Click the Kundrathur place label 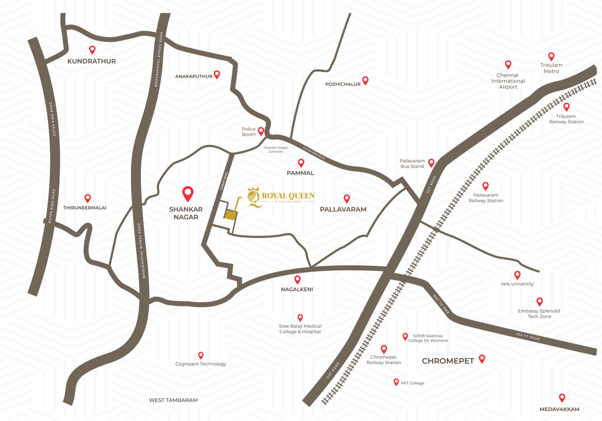[x=92, y=61]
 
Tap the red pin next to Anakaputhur [x=217, y=74]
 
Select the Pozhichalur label [x=343, y=84]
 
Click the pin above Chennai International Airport [x=508, y=64]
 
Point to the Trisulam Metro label [x=551, y=68]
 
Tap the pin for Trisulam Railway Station [x=566, y=107]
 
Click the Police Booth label [x=248, y=132]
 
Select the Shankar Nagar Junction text [x=275, y=150]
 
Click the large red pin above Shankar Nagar [x=188, y=193]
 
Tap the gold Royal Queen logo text [x=288, y=196]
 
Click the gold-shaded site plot [x=230, y=215]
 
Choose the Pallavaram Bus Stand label [x=412, y=164]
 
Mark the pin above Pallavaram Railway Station [x=485, y=186]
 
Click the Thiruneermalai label [x=85, y=208]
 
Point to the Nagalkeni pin [x=297, y=279]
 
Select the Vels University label [x=517, y=284]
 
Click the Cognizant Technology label [x=201, y=364]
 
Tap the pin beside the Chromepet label [x=482, y=358]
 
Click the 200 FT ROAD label [x=528, y=336]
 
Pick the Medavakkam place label [x=559, y=409]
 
